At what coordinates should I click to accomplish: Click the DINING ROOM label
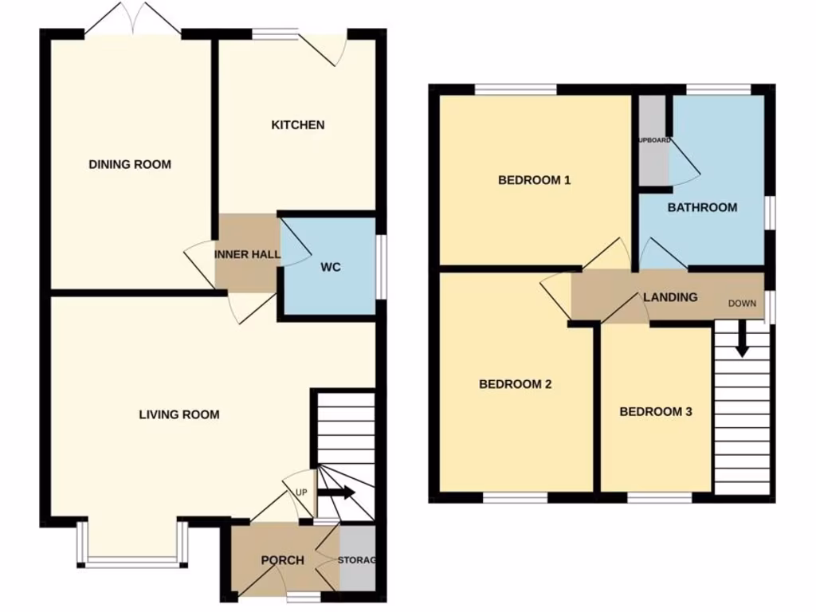(130, 165)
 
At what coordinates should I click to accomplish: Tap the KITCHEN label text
(298, 125)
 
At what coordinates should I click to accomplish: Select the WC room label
(331, 267)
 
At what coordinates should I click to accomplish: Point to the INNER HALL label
(247, 255)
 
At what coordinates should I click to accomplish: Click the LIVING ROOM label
(179, 414)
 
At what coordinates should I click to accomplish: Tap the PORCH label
(283, 560)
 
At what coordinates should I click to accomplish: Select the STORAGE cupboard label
(356, 560)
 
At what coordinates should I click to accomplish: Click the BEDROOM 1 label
(534, 180)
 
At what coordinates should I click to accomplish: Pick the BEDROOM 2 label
(516, 384)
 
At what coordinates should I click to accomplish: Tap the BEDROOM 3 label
(656, 412)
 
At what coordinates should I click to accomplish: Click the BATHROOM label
(702, 207)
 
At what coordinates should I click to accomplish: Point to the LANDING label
(670, 297)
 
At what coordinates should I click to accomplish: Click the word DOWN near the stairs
(743, 304)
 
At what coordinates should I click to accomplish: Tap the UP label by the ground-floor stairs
(301, 492)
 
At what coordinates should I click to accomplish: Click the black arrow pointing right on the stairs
(336, 493)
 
